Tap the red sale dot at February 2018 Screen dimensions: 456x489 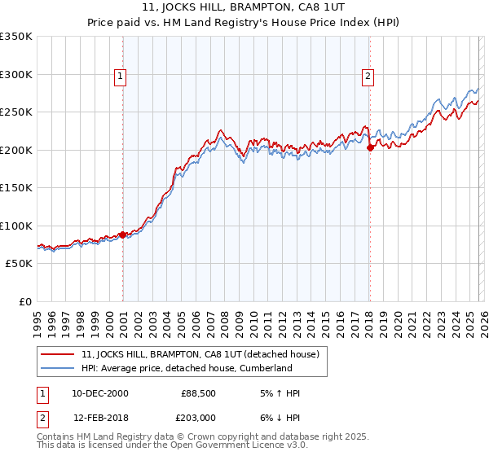[370, 147]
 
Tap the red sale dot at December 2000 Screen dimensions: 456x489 [123, 235]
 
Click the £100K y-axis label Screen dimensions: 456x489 [16, 226]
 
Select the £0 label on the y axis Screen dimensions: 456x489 [24, 302]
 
